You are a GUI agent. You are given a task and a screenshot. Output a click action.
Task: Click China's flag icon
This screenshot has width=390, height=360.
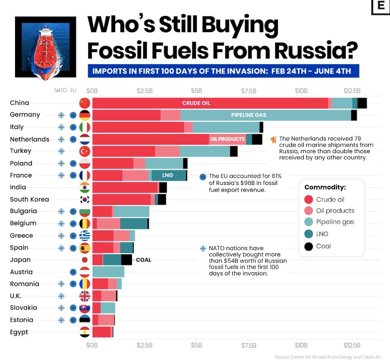85,103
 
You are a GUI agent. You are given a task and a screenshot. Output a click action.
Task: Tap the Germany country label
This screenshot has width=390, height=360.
25,115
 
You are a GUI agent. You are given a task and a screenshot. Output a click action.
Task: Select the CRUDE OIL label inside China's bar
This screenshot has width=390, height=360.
196,103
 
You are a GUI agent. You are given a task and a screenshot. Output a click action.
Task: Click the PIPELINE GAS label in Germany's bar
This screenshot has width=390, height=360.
249,115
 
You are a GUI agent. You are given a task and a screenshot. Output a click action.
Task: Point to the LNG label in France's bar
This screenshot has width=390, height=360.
168,175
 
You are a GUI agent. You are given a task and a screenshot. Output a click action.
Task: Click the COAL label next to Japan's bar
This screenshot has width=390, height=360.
144,260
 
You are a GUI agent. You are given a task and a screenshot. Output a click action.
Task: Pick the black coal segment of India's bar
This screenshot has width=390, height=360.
163,188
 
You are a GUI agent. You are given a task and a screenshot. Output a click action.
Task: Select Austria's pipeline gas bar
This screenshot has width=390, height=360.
108,272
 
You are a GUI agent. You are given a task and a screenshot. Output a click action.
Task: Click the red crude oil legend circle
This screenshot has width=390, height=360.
308,200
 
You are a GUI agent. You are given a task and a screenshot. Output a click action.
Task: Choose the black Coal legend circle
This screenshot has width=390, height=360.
308,246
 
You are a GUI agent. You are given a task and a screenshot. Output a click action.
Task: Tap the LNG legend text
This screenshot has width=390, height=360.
322,234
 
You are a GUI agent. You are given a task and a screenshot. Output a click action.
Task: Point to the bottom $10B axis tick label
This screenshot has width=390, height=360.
301,345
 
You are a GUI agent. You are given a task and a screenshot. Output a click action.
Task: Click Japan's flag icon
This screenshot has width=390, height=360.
85,260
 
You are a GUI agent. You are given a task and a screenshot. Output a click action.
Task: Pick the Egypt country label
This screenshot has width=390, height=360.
19,332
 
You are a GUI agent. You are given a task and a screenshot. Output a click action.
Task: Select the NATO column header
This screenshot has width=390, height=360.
60,91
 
